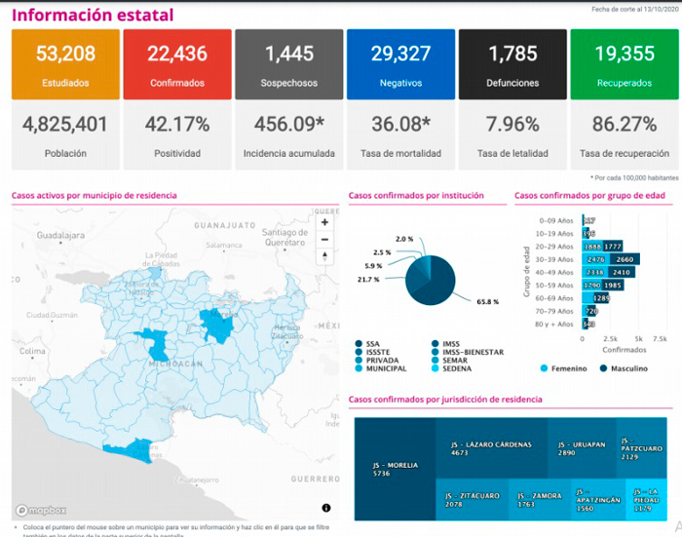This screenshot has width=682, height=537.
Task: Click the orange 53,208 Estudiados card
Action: pyautogui.click(x=65, y=64)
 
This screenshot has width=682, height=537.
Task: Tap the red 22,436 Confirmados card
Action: pyautogui.click(x=177, y=64)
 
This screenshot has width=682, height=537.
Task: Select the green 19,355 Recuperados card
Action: pyautogui.click(x=624, y=64)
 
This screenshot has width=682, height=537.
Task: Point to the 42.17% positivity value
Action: pyautogui.click(x=177, y=125)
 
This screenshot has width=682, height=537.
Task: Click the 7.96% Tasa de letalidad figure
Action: pyautogui.click(x=512, y=125)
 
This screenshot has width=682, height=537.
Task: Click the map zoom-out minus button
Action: pyautogui.click(x=325, y=239)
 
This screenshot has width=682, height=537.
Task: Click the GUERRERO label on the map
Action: pyautogui.click(x=315, y=479)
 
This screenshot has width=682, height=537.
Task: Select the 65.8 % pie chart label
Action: pyautogui.click(x=487, y=303)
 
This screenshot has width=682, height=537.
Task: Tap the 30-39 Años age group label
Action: pyautogui.click(x=557, y=260)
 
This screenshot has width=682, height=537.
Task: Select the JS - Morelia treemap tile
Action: pyautogui.click(x=395, y=468)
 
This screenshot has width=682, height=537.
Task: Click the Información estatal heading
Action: pyautogui.click(x=93, y=15)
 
